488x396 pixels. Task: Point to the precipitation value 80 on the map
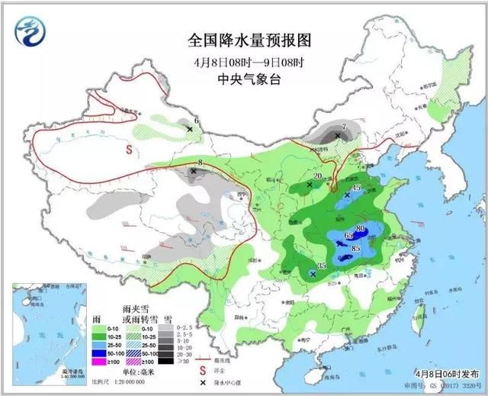coord(360,228)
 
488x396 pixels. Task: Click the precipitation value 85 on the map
coord(356,248)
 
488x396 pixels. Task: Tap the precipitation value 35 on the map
coord(322,266)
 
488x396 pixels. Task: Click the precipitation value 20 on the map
coord(316,176)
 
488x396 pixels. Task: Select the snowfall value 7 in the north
coord(344,127)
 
